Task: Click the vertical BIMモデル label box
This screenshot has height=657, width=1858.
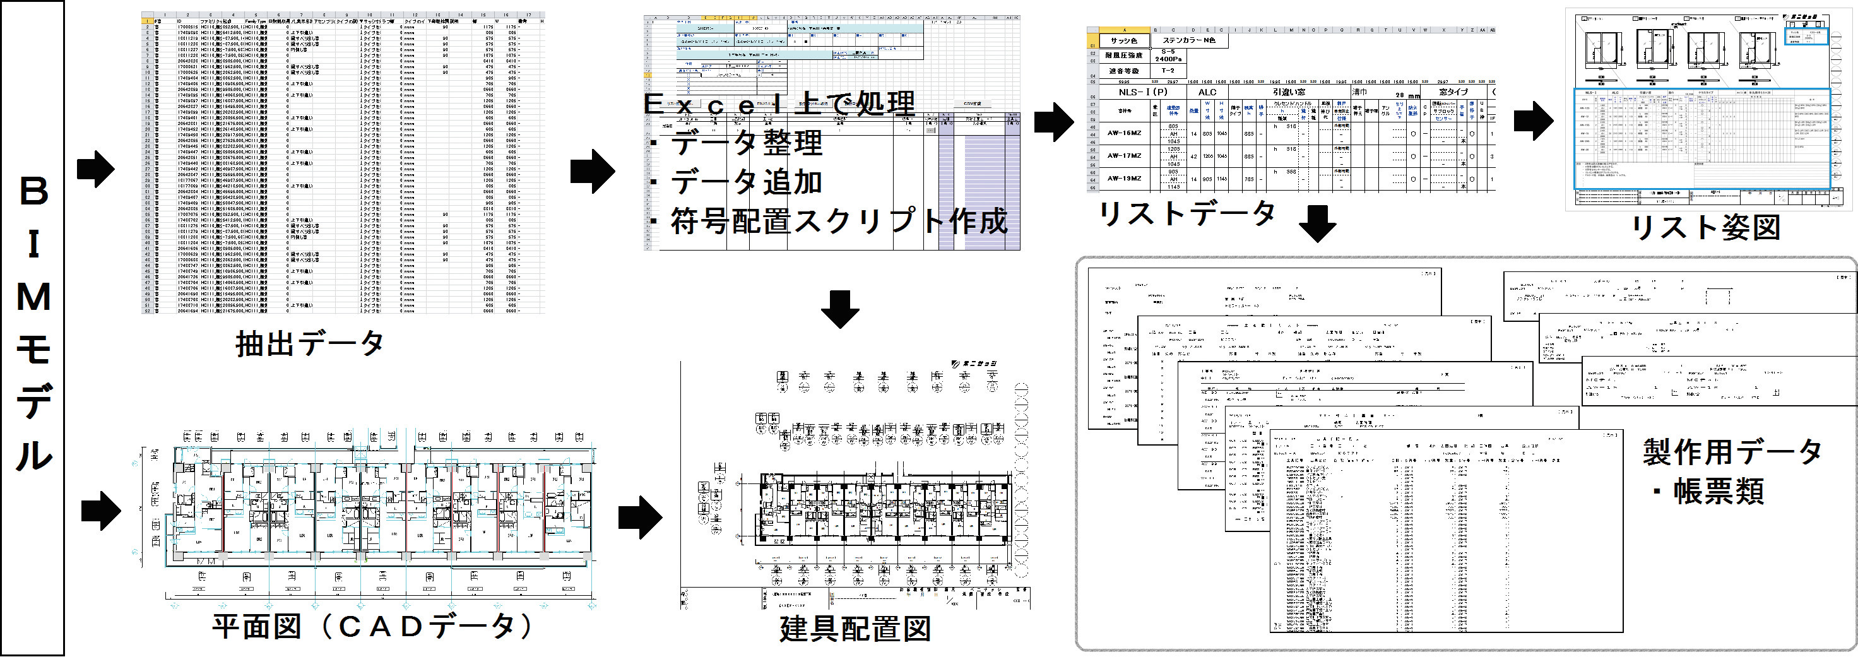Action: [x=32, y=328]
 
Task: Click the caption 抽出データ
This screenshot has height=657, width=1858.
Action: [x=309, y=343]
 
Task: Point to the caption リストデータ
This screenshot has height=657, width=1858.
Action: [x=1187, y=213]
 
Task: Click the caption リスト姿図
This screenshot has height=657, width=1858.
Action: [x=1705, y=227]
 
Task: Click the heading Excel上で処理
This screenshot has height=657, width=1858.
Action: [x=779, y=105]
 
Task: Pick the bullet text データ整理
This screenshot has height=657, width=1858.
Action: [x=747, y=143]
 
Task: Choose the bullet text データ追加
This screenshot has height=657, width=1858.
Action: [x=747, y=182]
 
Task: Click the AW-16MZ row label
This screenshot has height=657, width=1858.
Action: [x=1125, y=133]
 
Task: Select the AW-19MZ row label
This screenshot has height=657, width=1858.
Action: [x=1125, y=178]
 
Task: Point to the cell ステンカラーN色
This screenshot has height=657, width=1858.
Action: [x=1188, y=40]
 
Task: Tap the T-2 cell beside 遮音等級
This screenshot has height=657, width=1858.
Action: [x=1168, y=71]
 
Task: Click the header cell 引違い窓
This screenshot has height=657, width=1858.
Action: [x=1288, y=92]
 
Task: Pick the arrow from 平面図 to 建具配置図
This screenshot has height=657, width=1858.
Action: [x=639, y=517]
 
